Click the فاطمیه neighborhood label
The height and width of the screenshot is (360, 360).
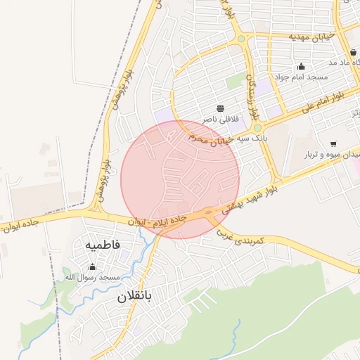(103, 245)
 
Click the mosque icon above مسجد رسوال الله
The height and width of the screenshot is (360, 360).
(92, 266)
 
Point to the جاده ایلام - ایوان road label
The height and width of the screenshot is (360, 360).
(157, 220)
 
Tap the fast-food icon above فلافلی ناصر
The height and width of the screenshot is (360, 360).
(221, 108)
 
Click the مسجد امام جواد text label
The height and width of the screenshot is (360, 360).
(299, 76)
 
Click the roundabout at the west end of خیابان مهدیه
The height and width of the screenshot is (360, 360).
(241, 39)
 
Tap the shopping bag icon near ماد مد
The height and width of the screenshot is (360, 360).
(352, 53)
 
